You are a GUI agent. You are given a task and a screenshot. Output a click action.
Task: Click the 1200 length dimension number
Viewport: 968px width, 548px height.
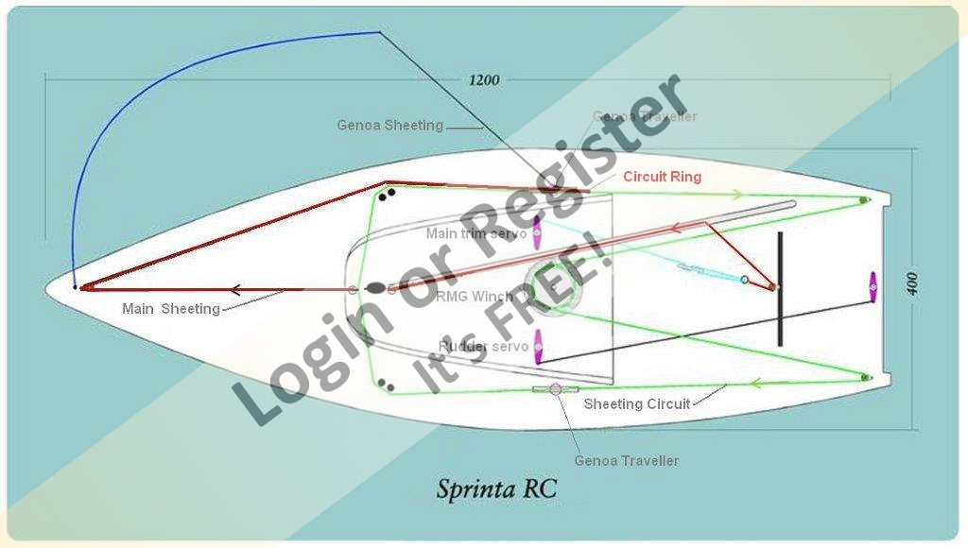484,80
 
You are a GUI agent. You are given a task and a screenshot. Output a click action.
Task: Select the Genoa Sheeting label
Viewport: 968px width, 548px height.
389,126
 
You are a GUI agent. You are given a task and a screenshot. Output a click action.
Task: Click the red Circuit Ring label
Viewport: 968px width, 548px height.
662,177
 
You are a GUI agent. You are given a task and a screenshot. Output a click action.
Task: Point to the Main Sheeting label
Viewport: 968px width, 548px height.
170,309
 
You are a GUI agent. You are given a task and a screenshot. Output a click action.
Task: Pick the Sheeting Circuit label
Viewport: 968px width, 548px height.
636,404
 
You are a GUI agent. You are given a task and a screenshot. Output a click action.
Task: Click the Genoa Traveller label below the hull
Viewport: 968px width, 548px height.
626,461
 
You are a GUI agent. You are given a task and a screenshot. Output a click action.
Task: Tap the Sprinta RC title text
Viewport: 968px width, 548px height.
496,488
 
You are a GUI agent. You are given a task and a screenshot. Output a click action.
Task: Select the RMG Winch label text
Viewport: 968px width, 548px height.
475,296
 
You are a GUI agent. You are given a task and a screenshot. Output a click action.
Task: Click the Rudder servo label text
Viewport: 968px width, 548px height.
482,347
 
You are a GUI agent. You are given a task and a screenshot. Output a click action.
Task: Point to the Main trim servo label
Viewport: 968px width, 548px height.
475,233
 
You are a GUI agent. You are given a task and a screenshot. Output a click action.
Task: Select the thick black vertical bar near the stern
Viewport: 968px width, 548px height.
780,288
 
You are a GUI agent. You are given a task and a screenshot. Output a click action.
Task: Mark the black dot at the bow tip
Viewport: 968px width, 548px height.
75,286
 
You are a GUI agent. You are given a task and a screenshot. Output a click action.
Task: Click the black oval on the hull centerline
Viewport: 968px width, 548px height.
375,288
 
